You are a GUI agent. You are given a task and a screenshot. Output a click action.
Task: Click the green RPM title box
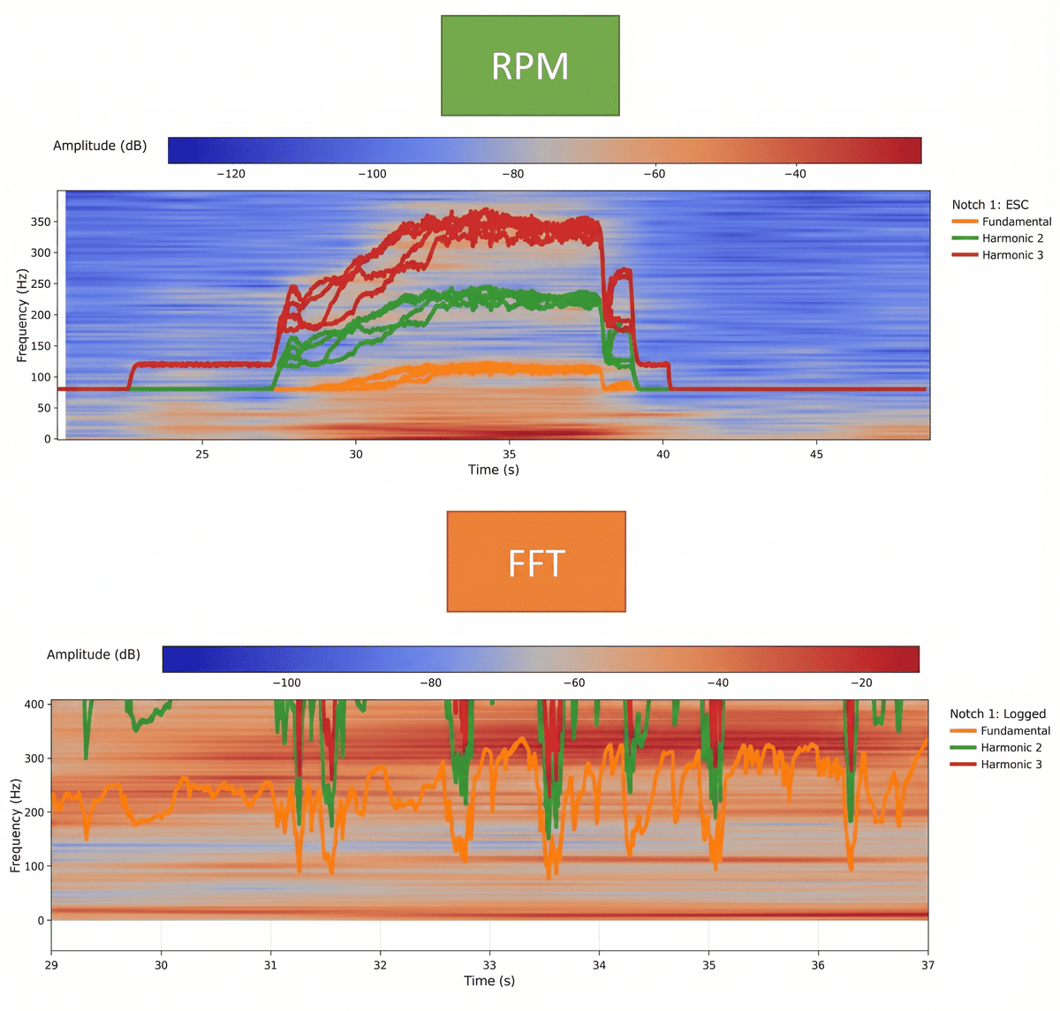coord(530,65)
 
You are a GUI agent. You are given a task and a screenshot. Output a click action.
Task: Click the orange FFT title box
coord(536,562)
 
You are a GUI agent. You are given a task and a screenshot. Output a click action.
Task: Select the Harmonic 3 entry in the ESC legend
coord(1012,255)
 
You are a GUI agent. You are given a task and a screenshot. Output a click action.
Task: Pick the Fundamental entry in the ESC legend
coord(1016,222)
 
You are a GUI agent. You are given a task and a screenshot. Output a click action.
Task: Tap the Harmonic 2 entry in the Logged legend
coord(1011,748)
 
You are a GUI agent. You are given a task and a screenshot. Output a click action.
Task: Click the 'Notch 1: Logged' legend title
coord(997,713)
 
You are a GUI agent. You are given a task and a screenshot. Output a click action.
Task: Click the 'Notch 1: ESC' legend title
coord(990,205)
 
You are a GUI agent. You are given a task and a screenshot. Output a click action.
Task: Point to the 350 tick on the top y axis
coord(41,222)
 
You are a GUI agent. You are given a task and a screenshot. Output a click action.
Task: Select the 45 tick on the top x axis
coord(816,454)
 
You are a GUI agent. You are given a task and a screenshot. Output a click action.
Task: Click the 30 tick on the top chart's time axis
coord(356,454)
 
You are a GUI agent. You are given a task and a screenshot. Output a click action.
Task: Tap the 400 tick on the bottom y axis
coord(34,705)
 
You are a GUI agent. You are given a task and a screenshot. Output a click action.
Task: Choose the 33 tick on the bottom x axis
coord(489,965)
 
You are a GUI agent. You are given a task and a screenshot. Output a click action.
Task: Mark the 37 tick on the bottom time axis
coord(927,965)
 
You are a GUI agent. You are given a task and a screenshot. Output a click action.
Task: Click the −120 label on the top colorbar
coord(231,174)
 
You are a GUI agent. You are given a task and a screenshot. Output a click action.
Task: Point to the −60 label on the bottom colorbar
coord(573,683)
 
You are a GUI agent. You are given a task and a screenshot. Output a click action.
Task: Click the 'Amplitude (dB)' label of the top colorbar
coord(100,146)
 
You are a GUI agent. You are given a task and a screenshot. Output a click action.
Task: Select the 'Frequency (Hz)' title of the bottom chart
coord(16,826)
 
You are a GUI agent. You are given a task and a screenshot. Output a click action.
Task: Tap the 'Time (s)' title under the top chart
coord(494,470)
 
